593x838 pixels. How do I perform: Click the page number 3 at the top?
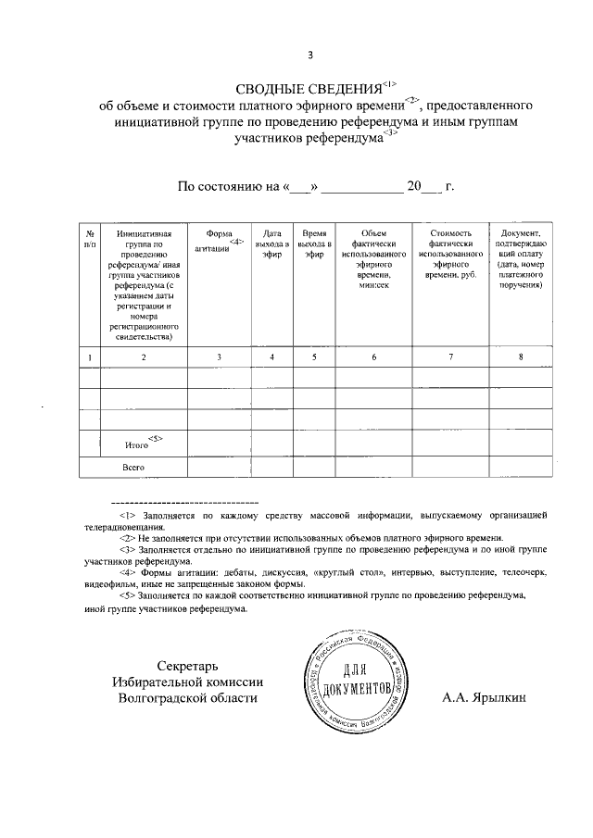297,54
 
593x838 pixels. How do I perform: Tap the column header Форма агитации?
219,240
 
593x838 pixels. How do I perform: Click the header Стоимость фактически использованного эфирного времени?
450,255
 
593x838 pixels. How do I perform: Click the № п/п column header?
89,238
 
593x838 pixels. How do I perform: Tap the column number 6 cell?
373,356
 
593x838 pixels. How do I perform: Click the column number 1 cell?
89,356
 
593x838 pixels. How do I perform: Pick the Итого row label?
138,444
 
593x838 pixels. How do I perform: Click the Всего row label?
133,467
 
